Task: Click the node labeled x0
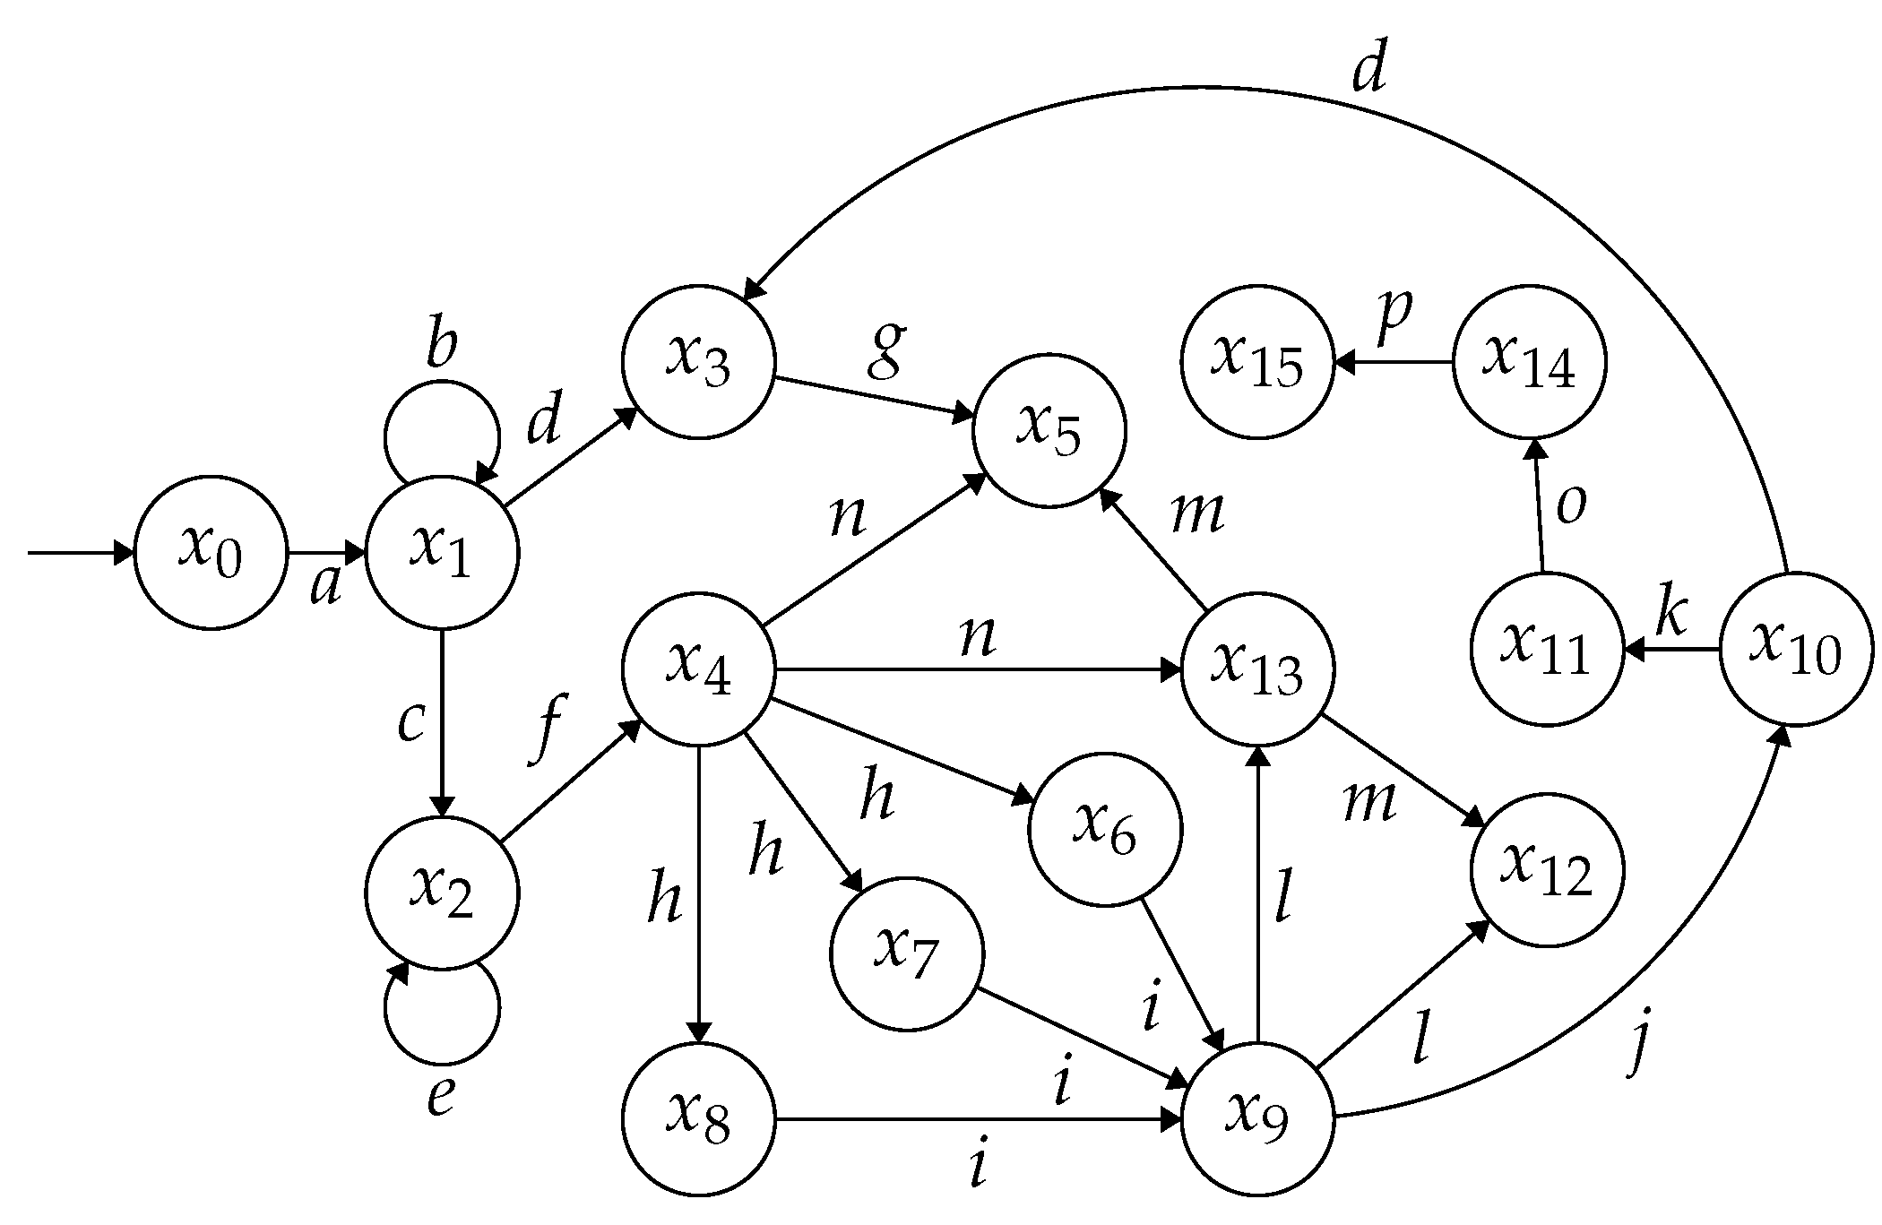pos(211,553)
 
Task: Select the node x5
pos(1049,430)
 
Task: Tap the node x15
pos(1257,362)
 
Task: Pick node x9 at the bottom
pos(1257,1119)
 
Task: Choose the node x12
pos(1548,870)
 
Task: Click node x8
pos(698,1119)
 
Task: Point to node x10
pos(1796,649)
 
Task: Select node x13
pos(1257,669)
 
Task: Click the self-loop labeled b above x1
pos(442,421)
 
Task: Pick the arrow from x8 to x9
pos(977,1119)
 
